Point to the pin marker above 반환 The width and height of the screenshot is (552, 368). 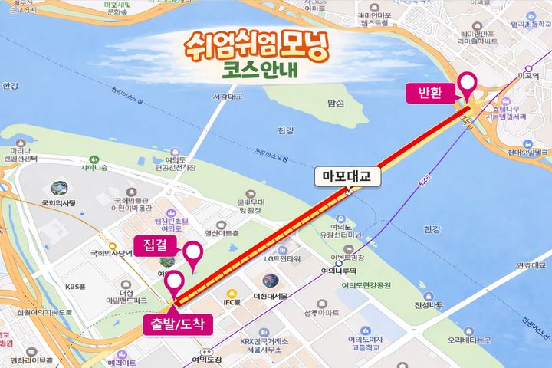click(466, 84)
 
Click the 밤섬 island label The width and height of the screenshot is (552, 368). click(335, 102)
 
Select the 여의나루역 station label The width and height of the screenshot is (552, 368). click(336, 270)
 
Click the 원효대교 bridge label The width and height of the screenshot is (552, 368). click(532, 265)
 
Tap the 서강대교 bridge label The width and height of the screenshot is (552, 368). click(228, 97)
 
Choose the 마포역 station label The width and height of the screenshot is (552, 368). click(529, 76)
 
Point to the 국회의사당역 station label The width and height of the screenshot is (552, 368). click(112, 253)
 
